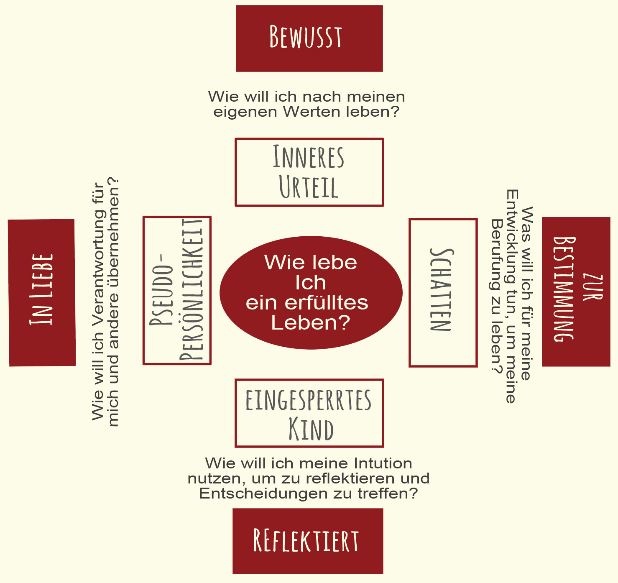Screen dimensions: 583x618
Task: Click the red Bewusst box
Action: point(309,38)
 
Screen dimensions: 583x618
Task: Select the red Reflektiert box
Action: point(308,541)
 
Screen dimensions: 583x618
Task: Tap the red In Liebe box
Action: point(42,292)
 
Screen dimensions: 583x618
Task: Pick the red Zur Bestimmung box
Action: point(576,291)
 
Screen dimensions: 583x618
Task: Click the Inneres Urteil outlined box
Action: point(309,172)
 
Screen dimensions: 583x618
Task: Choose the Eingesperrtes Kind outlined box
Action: point(309,413)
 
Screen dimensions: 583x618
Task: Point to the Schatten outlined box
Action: point(443,292)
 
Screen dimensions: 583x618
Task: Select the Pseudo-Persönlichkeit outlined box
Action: point(177,290)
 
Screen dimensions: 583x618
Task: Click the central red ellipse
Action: point(311,292)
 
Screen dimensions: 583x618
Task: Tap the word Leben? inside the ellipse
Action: point(310,322)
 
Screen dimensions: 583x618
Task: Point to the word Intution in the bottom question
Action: point(383,463)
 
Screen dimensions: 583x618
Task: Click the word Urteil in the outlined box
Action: point(308,187)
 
